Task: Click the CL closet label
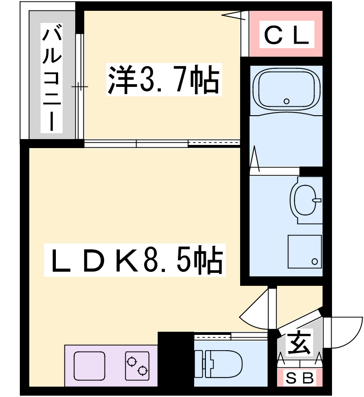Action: (287, 35)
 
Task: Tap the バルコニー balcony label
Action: (51, 78)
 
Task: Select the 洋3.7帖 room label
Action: (164, 79)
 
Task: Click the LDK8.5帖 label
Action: (135, 260)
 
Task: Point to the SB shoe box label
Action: (300, 378)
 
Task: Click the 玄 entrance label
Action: (300, 343)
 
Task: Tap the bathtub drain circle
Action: (287, 101)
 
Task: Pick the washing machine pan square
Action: (305, 252)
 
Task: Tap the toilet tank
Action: (199, 364)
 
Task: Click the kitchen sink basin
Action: (89, 365)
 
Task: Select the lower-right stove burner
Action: (142, 371)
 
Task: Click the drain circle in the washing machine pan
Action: (314, 262)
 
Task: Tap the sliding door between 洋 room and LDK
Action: (162, 143)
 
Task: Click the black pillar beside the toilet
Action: (176, 359)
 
